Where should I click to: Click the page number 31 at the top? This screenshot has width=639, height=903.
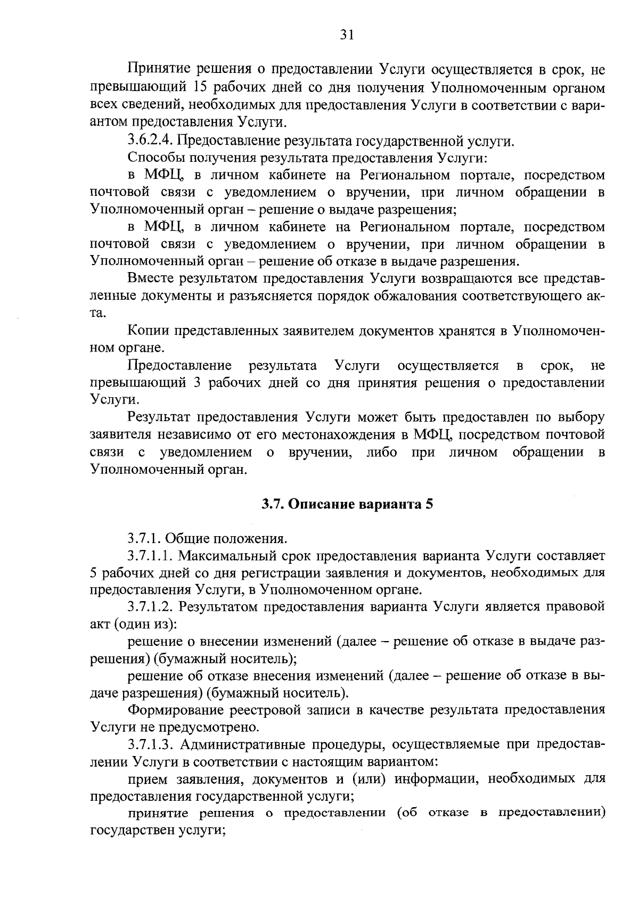(x=347, y=35)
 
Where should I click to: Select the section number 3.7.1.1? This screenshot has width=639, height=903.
(x=151, y=556)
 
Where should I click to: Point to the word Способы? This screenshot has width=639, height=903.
(x=152, y=158)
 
